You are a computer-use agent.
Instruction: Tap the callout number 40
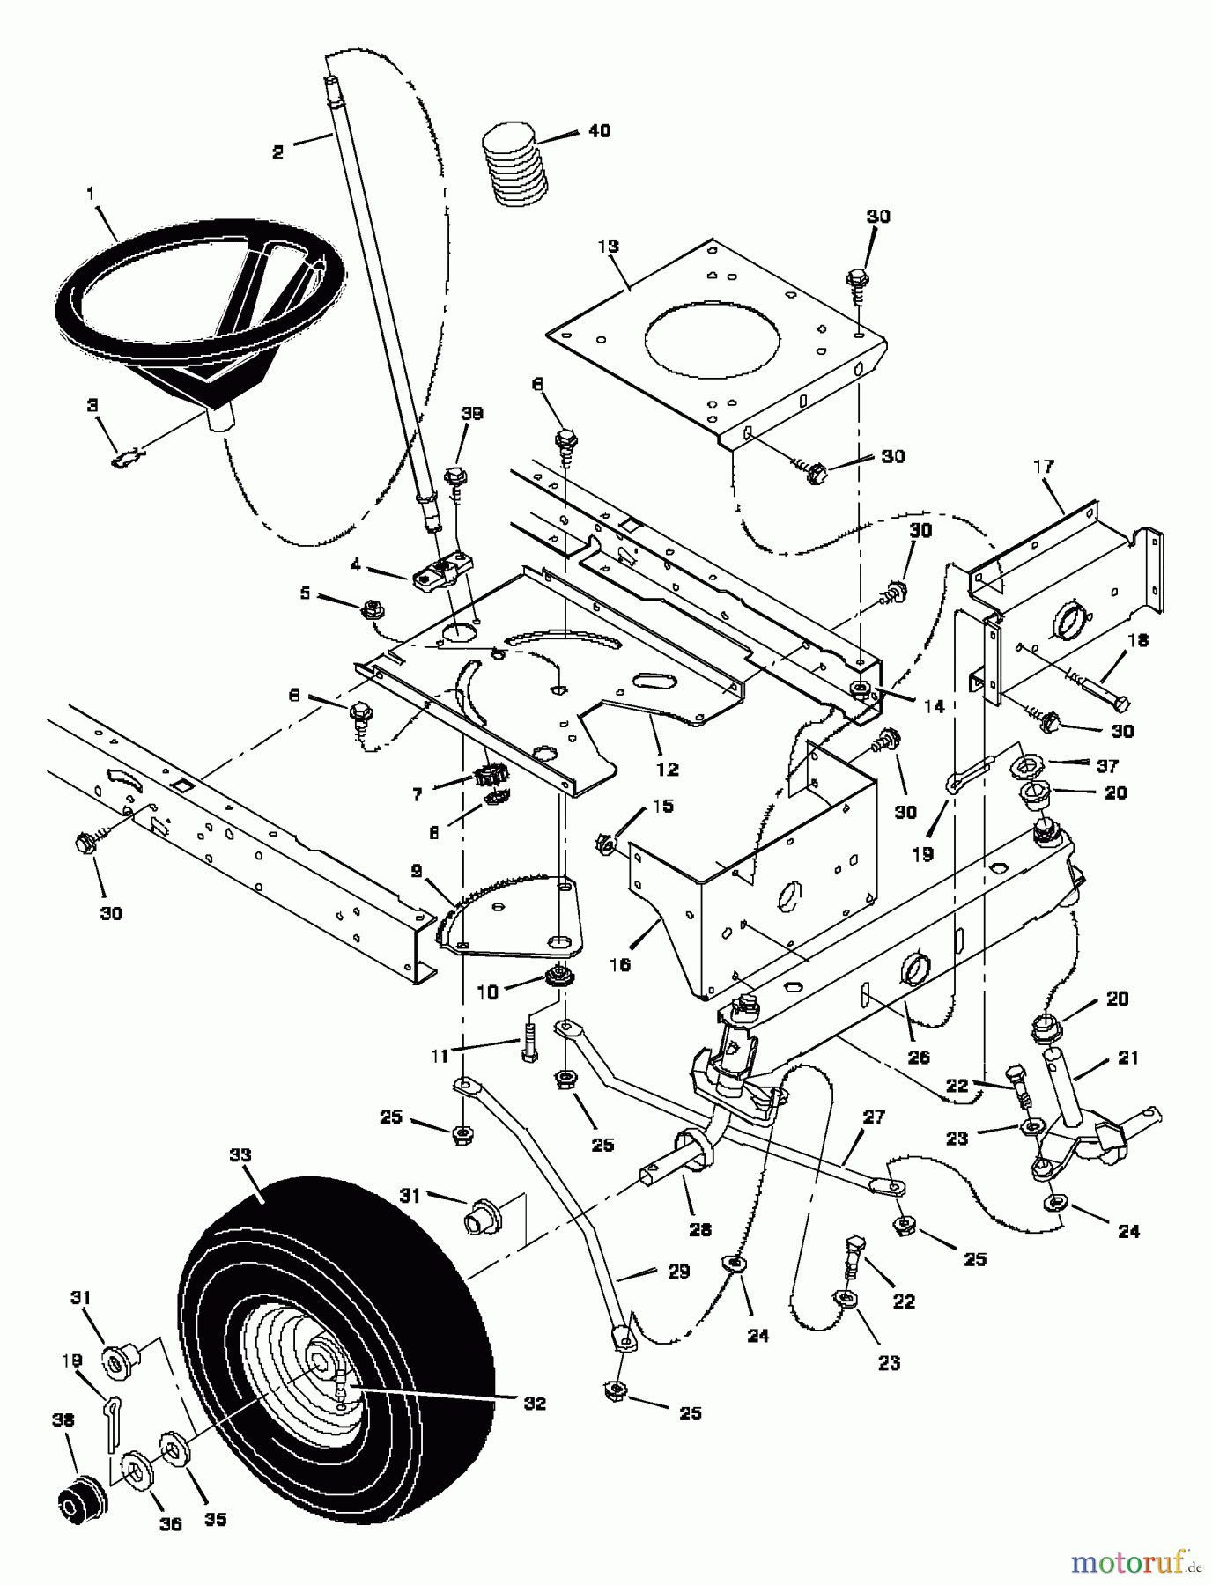tap(599, 131)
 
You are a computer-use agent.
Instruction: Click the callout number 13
tap(608, 246)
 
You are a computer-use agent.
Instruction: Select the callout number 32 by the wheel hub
tap(534, 1403)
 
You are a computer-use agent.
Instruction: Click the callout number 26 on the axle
tap(918, 1057)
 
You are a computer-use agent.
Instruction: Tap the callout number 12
tap(667, 769)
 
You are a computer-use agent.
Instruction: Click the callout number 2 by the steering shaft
tap(278, 152)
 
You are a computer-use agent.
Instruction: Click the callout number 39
tap(472, 414)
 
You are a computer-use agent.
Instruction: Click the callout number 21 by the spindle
tap(1128, 1057)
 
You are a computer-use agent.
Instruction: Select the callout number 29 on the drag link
tap(678, 1272)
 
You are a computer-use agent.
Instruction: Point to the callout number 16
tap(619, 964)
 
